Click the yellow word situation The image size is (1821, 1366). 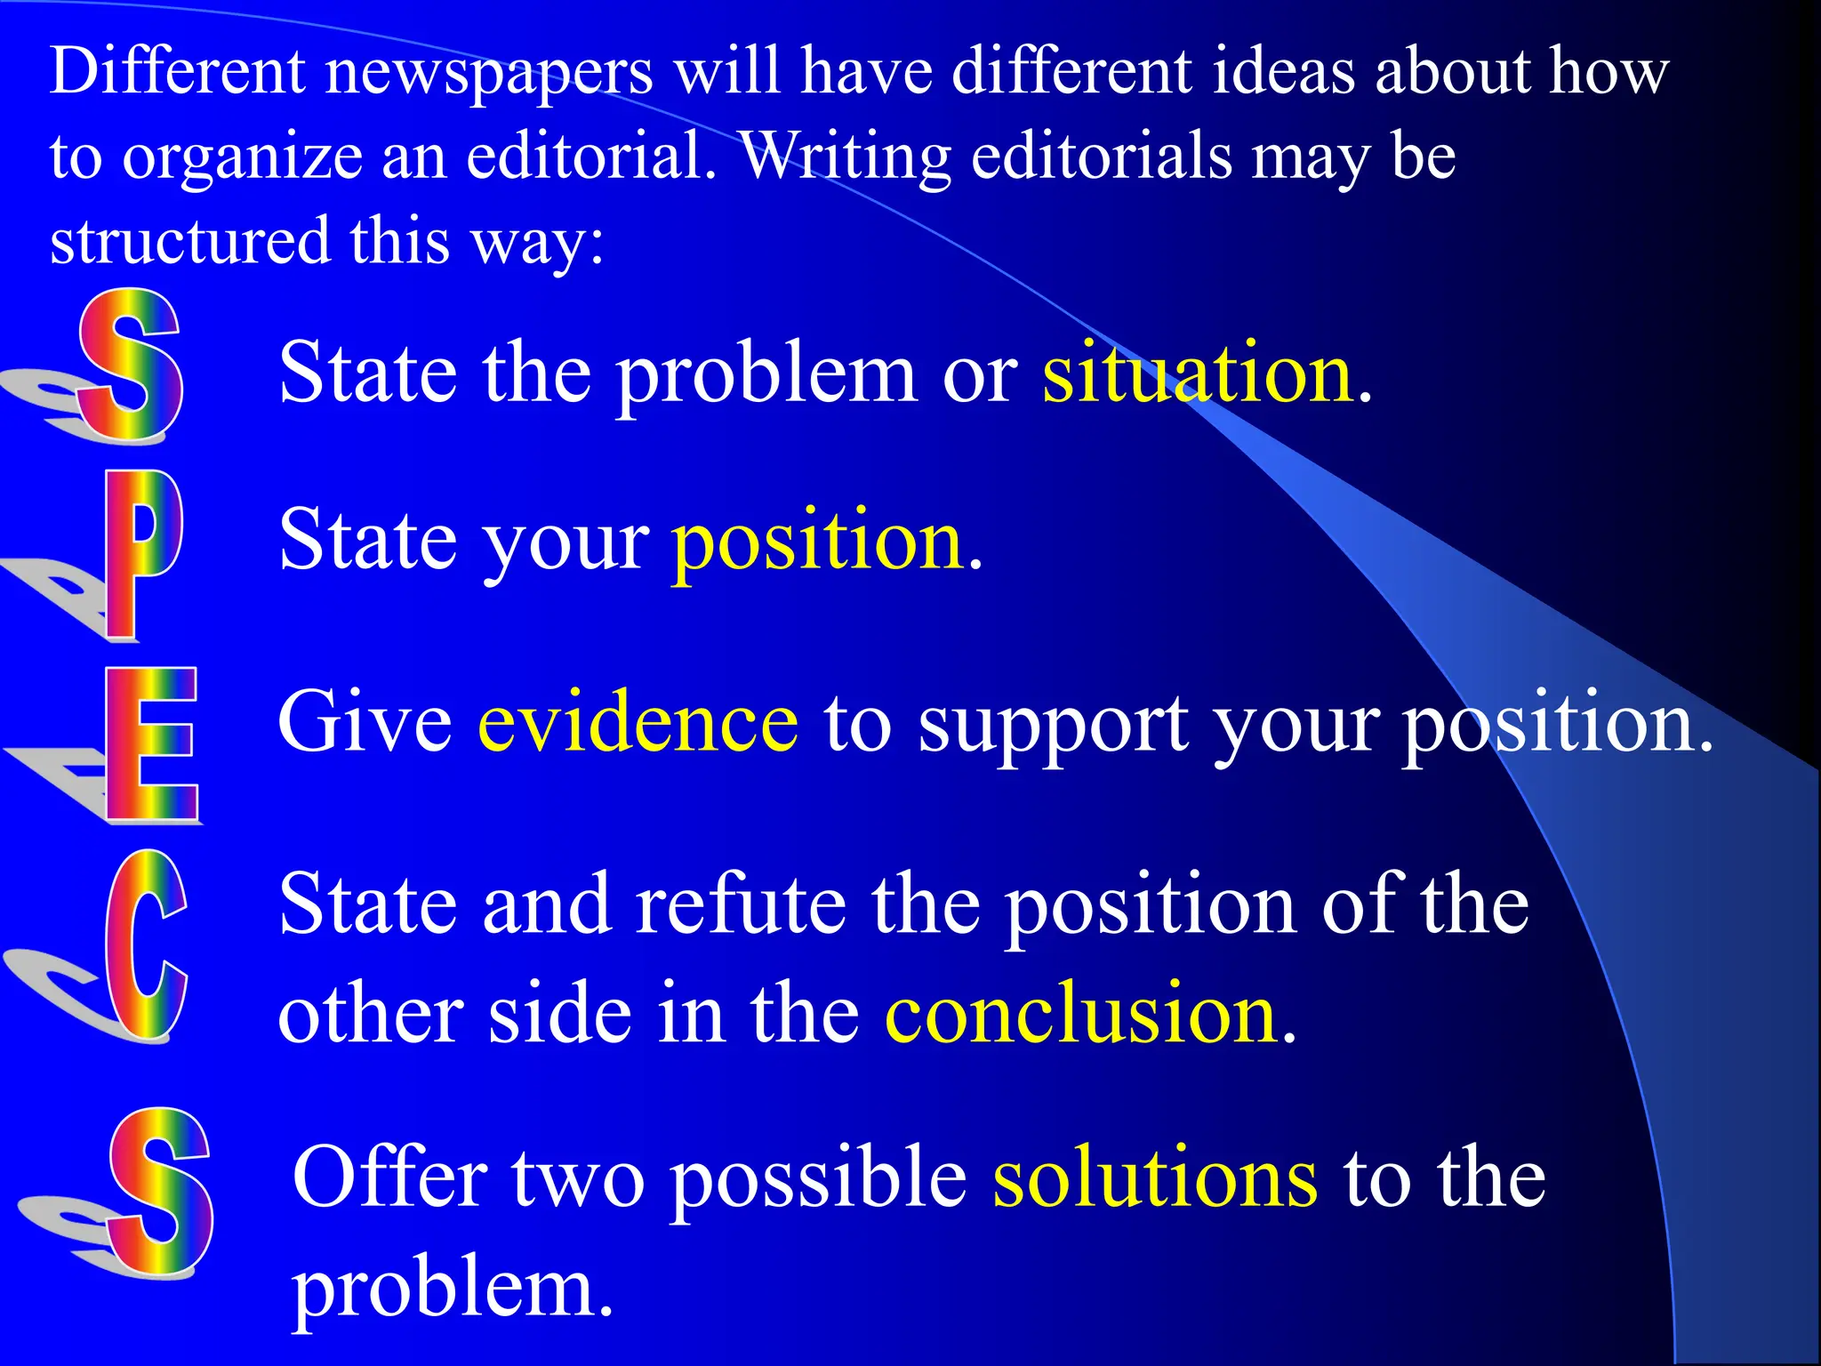(x=1198, y=374)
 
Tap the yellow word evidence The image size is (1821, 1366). (x=638, y=722)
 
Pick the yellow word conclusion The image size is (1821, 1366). (x=1081, y=1016)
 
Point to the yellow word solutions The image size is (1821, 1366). (x=1154, y=1178)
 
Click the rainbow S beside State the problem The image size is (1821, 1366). (x=131, y=365)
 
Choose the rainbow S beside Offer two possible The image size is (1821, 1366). (x=160, y=1192)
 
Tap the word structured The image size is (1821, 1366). (x=189, y=241)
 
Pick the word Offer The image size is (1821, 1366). (x=389, y=1178)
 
